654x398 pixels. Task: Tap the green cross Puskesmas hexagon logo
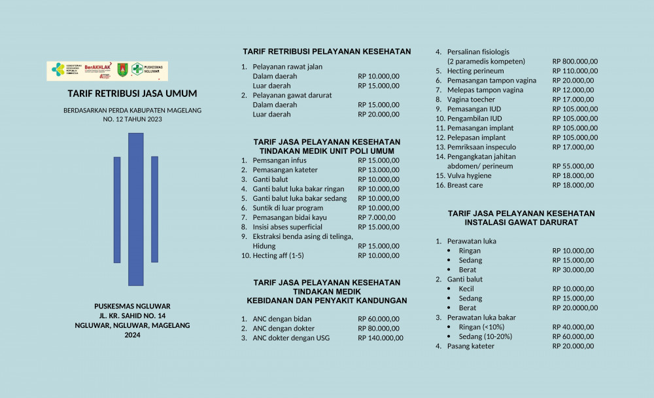click(137, 69)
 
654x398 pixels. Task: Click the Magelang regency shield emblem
click(122, 70)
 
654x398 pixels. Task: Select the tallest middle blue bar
click(135, 209)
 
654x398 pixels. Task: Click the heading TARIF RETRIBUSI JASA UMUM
click(132, 94)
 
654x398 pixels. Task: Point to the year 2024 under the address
click(132, 335)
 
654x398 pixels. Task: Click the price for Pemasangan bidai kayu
click(377, 217)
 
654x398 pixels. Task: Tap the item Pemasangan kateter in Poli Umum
click(285, 170)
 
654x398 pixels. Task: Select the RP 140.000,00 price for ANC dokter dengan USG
click(381, 338)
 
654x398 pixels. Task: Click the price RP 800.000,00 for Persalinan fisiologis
click(575, 62)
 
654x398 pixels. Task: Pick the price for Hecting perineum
click(575, 71)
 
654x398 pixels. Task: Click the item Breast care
click(465, 185)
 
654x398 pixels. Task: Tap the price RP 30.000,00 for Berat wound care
click(573, 270)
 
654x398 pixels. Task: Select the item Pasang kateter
click(471, 346)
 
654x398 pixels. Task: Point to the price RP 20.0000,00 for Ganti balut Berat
click(575, 308)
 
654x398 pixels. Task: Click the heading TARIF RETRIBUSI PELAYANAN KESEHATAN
click(327, 52)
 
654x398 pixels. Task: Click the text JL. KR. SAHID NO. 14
click(132, 316)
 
